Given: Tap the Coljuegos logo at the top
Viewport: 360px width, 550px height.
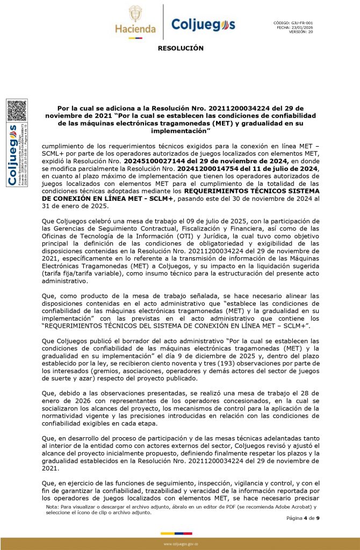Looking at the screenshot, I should click(203, 25).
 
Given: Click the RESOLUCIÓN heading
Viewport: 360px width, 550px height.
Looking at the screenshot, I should click(181, 48).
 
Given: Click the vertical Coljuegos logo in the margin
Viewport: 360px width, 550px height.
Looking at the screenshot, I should click(12, 156).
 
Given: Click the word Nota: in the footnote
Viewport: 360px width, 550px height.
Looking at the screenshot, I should click(53, 506).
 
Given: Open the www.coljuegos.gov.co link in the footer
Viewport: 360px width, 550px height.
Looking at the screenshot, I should click(180, 544).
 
